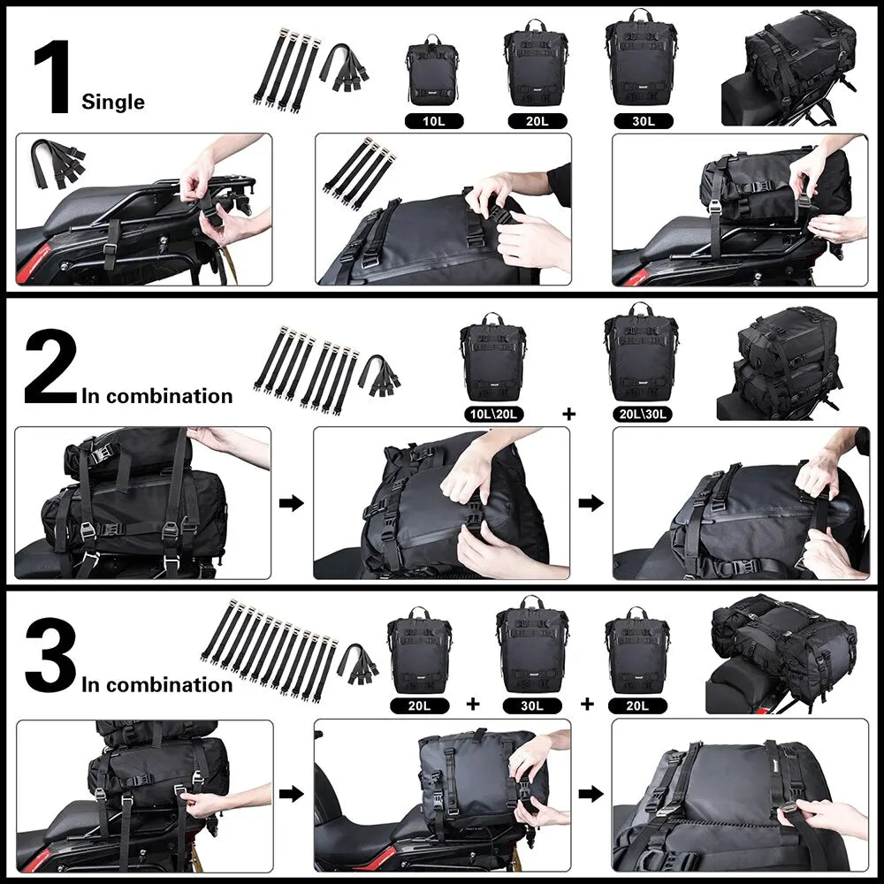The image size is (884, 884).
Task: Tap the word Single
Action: pyautogui.click(x=113, y=102)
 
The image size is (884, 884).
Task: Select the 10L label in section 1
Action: pyautogui.click(x=433, y=121)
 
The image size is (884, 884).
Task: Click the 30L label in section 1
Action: pyautogui.click(x=636, y=121)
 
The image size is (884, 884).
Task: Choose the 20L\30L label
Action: pyautogui.click(x=642, y=413)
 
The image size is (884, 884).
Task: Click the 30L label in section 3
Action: pyautogui.click(x=532, y=705)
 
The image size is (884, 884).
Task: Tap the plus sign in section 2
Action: pyautogui.click(x=568, y=413)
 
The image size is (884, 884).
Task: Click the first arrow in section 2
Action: pyautogui.click(x=292, y=503)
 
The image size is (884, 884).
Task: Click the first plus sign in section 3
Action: pyautogui.click(x=473, y=705)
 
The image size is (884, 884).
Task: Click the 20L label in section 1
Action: pyautogui.click(x=535, y=121)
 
